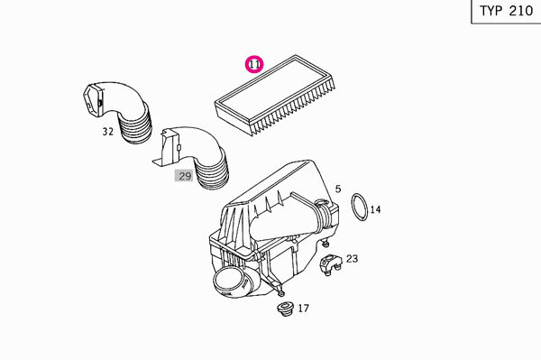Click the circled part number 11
tap(254, 64)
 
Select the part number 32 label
tap(107, 132)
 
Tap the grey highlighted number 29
tap(184, 176)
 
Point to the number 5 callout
tap(338, 189)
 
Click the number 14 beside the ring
tap(375, 209)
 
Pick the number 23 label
tap(352, 259)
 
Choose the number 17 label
tap(303, 309)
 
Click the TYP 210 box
tap(506, 11)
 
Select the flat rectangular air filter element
tap(274, 95)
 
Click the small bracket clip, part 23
tap(331, 264)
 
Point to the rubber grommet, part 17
tap(285, 309)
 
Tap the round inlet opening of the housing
tap(229, 282)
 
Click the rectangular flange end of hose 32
tap(93, 101)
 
